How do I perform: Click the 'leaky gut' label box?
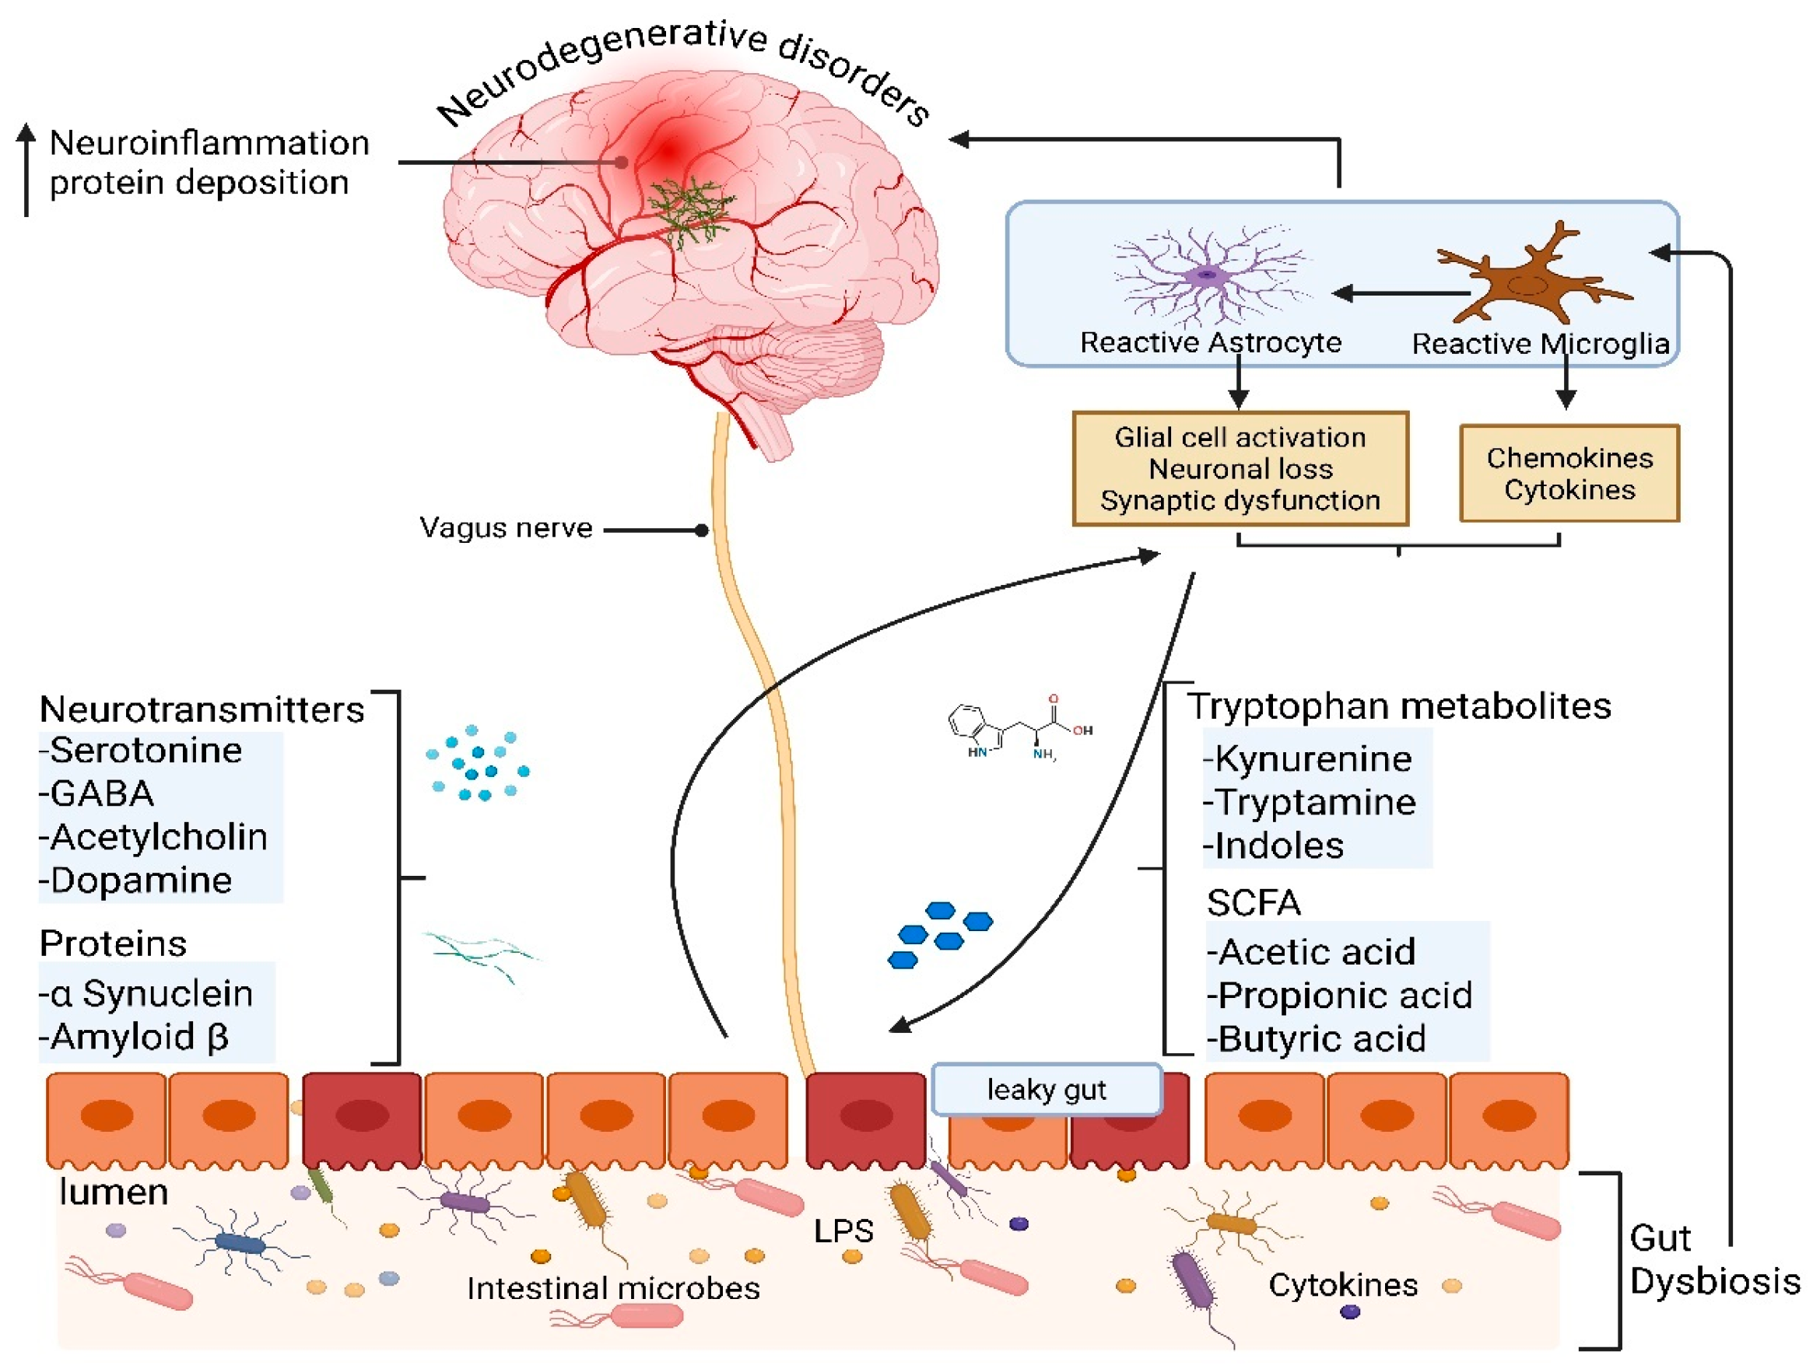[1046, 1090]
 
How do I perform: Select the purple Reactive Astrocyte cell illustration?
[1207, 275]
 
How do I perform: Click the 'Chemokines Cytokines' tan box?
[1569, 474]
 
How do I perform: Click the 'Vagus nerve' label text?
[506, 528]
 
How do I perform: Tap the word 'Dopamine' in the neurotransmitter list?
[140, 881]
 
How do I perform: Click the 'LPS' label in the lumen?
[843, 1231]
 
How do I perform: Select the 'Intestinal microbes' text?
[613, 1289]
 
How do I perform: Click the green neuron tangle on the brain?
[687, 210]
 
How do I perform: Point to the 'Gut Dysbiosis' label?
[1713, 1260]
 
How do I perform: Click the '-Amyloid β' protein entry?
[135, 1038]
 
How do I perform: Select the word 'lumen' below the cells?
[113, 1192]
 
